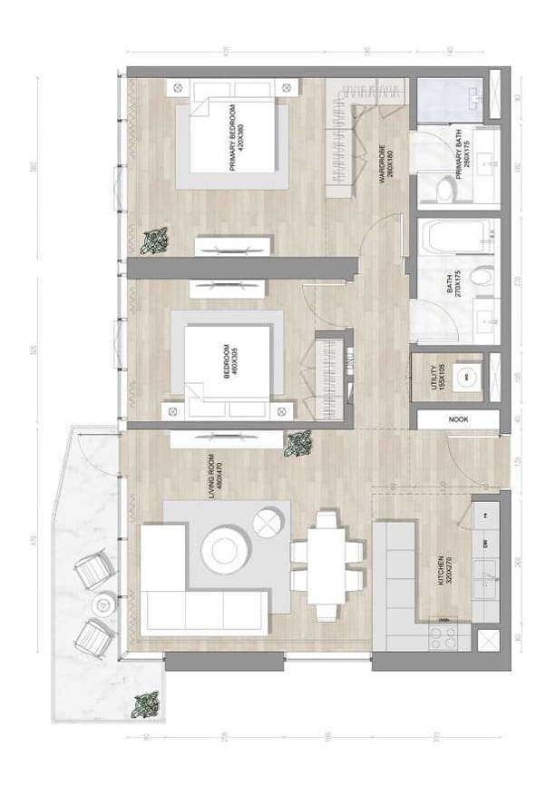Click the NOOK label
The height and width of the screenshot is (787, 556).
(457, 420)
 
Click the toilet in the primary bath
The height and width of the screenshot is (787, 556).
(445, 189)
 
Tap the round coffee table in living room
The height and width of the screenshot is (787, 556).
(221, 550)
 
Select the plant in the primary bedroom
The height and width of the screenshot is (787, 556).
(158, 240)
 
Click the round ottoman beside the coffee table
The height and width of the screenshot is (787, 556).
(268, 524)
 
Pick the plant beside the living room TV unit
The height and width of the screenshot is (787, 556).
(298, 444)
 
